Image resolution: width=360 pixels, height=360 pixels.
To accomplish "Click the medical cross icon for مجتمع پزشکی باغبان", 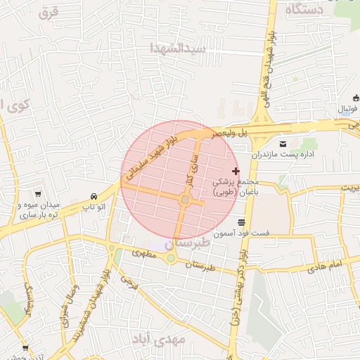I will pos(235,172).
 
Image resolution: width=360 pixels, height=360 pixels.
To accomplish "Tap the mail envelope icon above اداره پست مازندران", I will pos(283,142).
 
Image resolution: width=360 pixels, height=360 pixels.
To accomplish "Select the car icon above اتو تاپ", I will pos(93,196).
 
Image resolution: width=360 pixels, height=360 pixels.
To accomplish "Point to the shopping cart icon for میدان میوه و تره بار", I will pos(37,194).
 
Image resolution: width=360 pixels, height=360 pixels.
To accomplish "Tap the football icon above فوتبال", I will pos(355,98).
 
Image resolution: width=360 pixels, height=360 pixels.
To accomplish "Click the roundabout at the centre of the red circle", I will pos(185,201).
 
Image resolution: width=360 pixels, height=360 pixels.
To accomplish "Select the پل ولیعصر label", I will pos(233,131).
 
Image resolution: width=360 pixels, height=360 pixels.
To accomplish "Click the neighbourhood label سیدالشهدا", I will pos(178,49).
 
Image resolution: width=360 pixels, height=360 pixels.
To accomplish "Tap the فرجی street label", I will pos(128,283).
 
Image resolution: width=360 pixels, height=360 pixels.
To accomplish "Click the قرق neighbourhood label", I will pos(49,12).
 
